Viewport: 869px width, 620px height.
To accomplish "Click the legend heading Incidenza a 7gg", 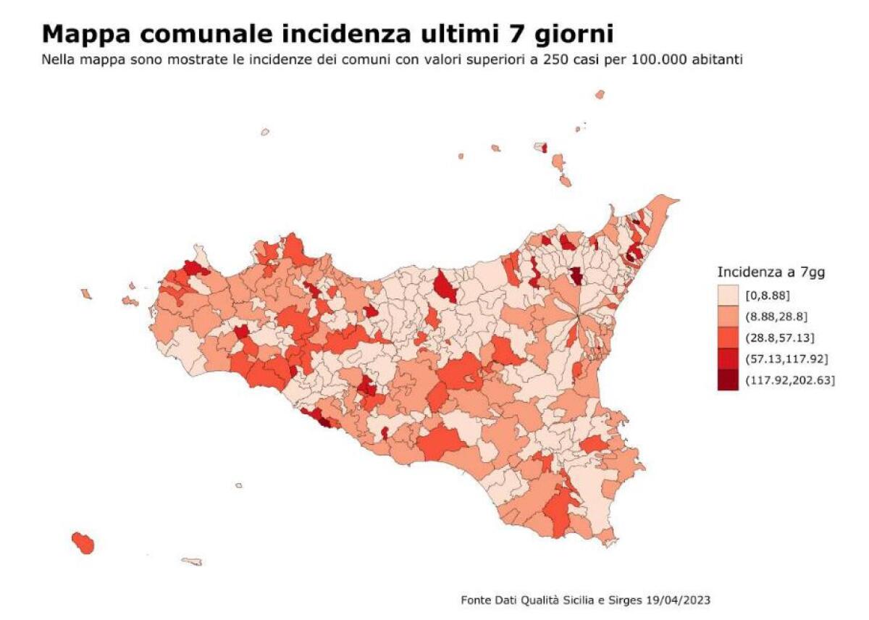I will [771, 272].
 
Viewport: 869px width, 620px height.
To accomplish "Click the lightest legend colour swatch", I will [728, 295].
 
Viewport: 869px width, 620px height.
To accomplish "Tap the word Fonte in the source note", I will [475, 600].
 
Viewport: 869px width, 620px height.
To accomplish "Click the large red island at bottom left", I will [83, 542].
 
